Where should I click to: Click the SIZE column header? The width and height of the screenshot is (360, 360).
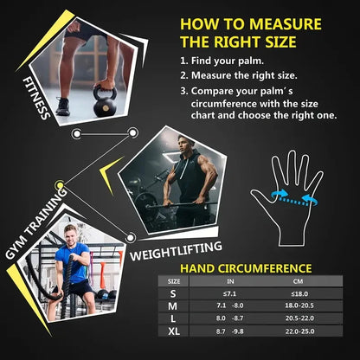[174, 281]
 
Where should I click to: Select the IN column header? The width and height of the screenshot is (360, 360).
[229, 281]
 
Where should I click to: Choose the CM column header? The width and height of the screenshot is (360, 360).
[298, 281]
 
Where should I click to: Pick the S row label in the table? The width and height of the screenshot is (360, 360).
[174, 293]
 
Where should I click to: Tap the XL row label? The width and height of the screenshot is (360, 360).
[174, 331]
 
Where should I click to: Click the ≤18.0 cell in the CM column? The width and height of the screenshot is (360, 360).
[298, 293]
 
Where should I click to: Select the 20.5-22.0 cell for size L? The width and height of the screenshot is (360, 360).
[298, 319]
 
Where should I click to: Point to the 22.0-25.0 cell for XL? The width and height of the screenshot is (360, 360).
[298, 331]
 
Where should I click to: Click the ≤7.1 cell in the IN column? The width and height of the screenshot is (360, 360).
[229, 293]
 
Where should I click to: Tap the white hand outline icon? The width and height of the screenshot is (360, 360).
[285, 196]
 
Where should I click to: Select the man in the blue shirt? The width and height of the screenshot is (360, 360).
[73, 264]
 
